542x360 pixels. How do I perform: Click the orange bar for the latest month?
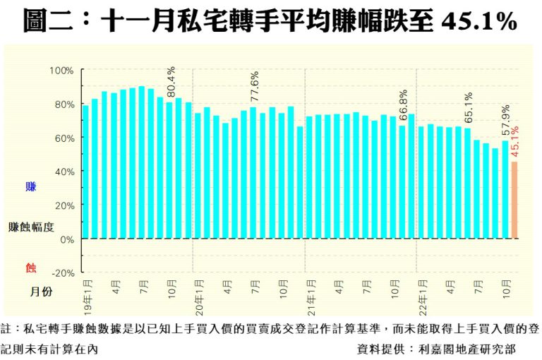514,200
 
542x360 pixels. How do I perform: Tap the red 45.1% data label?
515,143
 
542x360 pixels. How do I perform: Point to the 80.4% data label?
170,83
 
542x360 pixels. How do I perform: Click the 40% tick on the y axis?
64,172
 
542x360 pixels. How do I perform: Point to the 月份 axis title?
40,291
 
